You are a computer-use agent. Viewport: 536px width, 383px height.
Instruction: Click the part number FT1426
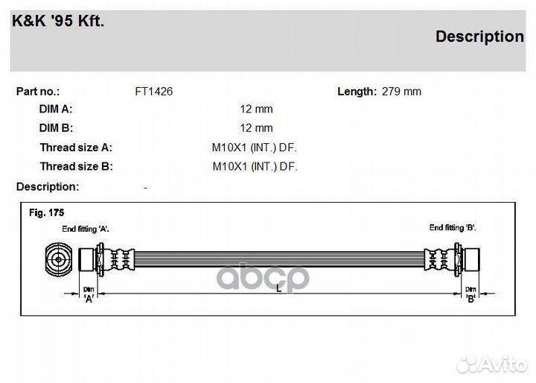coord(154,92)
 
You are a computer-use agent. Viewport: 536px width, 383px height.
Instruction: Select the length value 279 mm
coord(401,92)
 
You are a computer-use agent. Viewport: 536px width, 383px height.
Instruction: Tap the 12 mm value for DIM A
coord(256,110)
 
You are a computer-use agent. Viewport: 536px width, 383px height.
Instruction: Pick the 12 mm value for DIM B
coord(256,128)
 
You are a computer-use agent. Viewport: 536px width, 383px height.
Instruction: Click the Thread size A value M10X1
coord(230,148)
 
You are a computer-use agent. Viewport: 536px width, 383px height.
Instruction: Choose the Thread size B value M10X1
coord(231,166)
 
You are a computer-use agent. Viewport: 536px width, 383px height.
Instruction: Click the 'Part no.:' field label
coord(38,92)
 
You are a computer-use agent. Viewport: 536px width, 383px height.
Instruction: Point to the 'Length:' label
coord(357,92)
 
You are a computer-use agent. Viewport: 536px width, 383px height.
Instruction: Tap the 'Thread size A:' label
coord(76,148)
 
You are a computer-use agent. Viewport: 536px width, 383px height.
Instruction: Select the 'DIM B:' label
coord(56,128)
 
